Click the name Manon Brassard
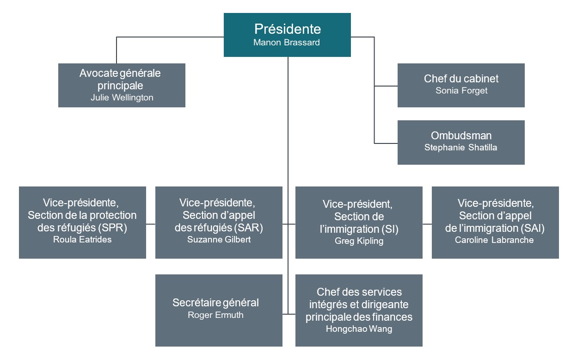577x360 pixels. [287, 43]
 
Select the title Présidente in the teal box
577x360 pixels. [287, 29]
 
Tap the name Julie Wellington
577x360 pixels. [122, 98]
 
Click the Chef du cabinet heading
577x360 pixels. [461, 79]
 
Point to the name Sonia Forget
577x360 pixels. [461, 91]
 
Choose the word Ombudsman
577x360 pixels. [461, 136]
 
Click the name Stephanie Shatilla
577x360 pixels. [461, 148]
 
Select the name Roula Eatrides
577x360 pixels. [82, 240]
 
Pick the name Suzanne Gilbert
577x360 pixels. [219, 240]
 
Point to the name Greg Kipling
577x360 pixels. [359, 241]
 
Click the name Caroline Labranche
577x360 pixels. [495, 240]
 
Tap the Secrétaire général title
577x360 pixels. [215, 303]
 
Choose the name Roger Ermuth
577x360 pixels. [215, 315]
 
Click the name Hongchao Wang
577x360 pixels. [359, 329]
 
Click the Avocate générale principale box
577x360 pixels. [122, 85]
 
